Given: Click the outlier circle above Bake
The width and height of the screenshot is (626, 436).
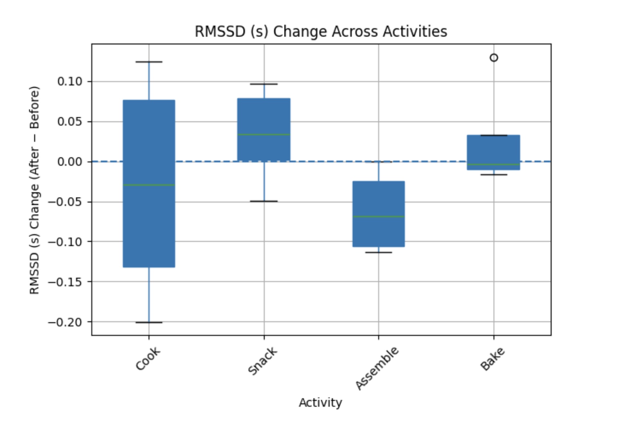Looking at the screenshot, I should pos(494,58).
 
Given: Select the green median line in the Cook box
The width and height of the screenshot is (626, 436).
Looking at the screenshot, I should pos(149,185).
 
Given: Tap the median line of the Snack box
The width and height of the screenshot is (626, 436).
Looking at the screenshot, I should pos(264,134).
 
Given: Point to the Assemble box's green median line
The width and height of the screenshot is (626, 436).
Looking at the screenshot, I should pos(378,216).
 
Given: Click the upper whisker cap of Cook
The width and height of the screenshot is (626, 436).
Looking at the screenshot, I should pos(149,62).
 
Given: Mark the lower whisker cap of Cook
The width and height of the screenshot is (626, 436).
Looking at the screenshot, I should pos(149,322).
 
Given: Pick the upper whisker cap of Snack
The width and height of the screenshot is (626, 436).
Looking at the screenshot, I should pos(264,84).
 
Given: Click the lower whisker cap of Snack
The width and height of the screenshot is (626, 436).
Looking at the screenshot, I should pos(264,201).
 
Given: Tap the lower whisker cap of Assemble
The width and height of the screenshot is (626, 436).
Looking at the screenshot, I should pos(378,252).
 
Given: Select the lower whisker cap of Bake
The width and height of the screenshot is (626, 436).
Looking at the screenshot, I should pos(494,175).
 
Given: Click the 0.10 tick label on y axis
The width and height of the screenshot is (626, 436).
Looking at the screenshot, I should pos(70,82).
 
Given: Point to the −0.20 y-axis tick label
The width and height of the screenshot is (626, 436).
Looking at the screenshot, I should pos(65,322).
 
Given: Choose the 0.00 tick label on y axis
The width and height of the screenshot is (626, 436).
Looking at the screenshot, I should pos(70,162).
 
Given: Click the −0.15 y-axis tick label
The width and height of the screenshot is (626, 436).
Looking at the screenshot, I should pos(65,282).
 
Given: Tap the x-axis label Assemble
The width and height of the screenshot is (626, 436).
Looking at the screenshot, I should pos(377,368).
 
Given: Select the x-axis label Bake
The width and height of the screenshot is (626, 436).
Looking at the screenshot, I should pos(492,359).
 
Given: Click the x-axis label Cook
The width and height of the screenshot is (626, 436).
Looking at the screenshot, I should pos(147,359).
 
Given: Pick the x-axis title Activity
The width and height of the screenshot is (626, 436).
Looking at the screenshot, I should pos(320,402).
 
